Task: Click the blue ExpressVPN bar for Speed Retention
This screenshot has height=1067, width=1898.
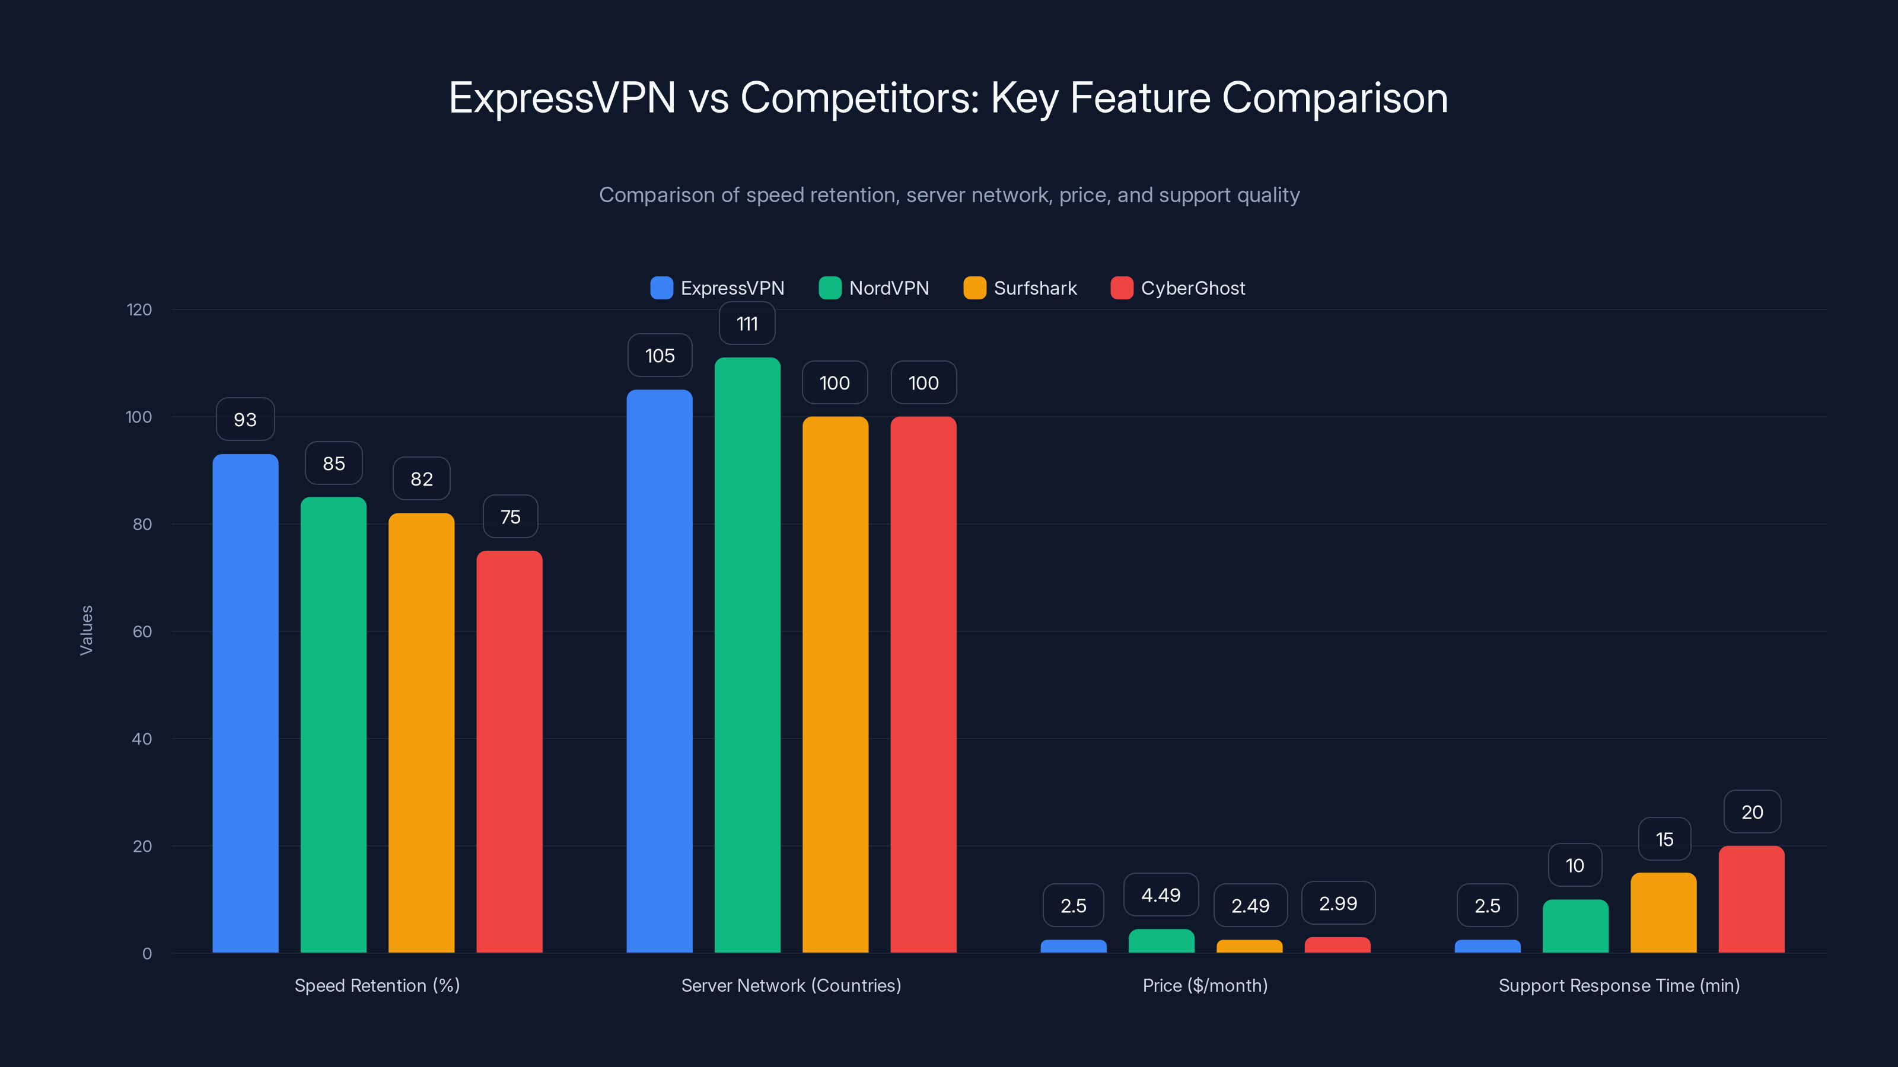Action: [x=246, y=703]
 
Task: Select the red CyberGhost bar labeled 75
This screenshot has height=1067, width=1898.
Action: [x=509, y=751]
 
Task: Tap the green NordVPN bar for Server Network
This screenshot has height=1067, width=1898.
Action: [x=747, y=656]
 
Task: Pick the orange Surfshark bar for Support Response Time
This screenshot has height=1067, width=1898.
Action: [x=1663, y=913]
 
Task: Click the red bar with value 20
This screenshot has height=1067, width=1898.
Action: [x=1751, y=900]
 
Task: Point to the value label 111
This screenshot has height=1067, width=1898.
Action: [x=747, y=324]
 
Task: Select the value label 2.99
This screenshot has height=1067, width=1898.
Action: [x=1337, y=903]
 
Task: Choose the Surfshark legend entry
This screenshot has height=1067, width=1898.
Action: [x=1020, y=288]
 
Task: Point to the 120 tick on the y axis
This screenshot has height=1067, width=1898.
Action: [x=139, y=310]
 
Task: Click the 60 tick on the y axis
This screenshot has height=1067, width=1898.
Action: [x=142, y=632]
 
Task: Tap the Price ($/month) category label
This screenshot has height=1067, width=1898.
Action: [x=1205, y=985]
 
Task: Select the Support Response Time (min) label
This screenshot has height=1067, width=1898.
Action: [x=1619, y=985]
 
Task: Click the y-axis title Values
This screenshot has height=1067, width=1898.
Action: [x=86, y=630]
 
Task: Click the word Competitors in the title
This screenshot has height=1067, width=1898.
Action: [x=859, y=98]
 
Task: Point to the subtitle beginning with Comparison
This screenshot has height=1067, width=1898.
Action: [x=949, y=195]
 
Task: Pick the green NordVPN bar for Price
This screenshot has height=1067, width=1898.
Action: [x=1161, y=941]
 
